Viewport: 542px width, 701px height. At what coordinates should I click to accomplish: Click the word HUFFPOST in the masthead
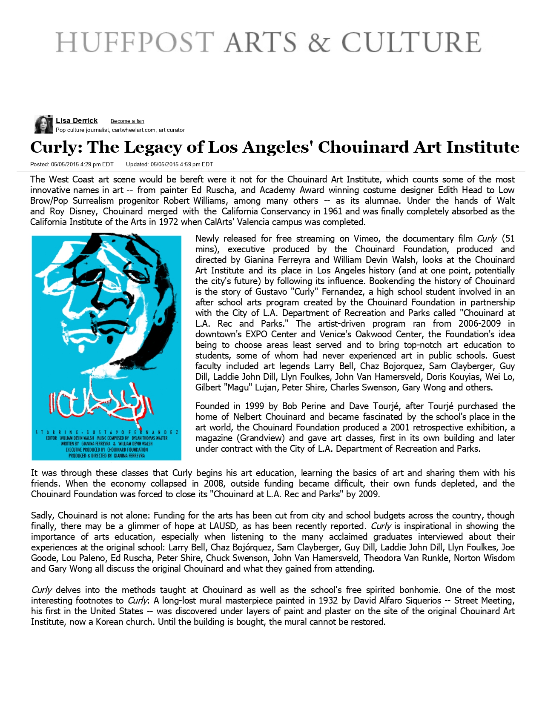(135, 43)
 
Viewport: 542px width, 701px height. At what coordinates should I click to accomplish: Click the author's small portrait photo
(43, 124)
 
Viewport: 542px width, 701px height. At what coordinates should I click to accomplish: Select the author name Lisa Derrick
(77, 121)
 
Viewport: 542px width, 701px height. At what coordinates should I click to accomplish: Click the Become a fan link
(127, 121)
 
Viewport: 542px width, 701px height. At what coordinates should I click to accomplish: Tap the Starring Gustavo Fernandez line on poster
(107, 432)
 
